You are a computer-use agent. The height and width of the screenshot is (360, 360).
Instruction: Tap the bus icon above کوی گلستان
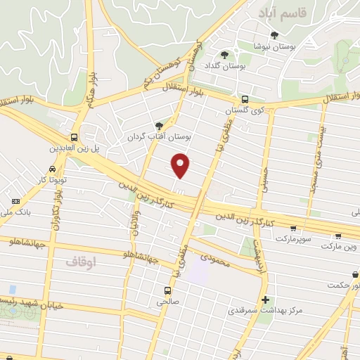(x=245, y=100)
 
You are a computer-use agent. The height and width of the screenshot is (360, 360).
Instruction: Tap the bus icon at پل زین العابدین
(x=75, y=138)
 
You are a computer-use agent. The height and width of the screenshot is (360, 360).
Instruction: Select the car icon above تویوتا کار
(x=53, y=169)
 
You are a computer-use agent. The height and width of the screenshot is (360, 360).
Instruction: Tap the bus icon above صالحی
(x=167, y=290)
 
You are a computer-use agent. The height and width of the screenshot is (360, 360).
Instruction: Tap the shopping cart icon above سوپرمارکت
(x=292, y=229)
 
